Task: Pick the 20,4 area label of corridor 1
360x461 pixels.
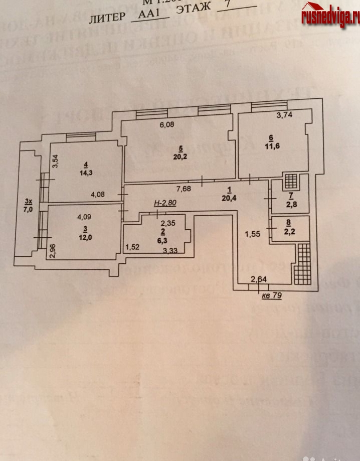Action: (230, 197)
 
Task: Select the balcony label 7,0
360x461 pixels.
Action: (28, 210)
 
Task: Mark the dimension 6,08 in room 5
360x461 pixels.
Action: (167, 125)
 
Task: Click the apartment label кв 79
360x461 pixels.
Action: (272, 296)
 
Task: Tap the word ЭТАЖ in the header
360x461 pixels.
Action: (192, 14)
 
